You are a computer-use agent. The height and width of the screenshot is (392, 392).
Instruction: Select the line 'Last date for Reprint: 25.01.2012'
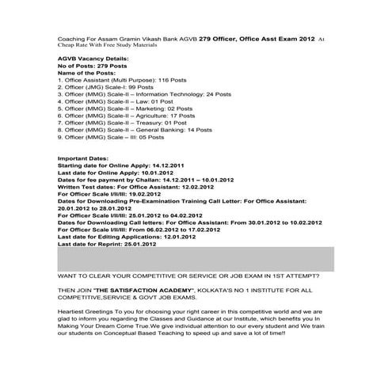point(107,244)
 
